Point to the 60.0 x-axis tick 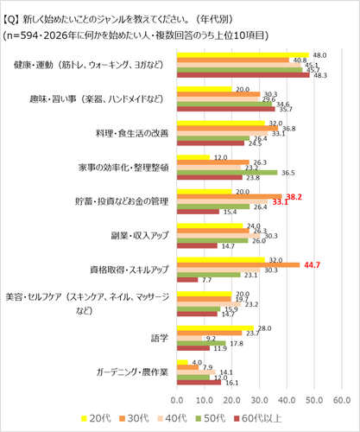(341, 400)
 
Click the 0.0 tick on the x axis (177, 400)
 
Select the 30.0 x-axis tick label (259, 400)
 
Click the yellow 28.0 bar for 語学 (215, 327)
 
